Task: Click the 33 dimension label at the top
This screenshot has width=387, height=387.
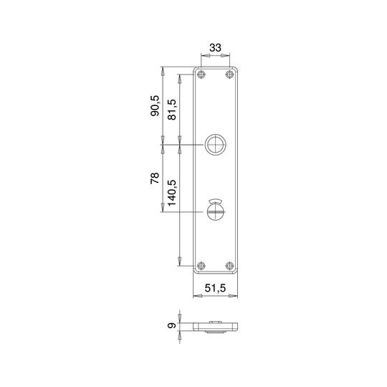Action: pyautogui.click(x=215, y=47)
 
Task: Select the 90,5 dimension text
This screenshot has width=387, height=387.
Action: pyautogui.click(x=156, y=106)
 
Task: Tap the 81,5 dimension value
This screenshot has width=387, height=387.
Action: pyautogui.click(x=172, y=110)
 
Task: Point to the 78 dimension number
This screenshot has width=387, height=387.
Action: pyautogui.click(x=156, y=178)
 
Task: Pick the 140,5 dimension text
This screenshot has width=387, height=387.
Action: pyautogui.click(x=172, y=193)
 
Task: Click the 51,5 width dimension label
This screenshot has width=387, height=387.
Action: pyautogui.click(x=215, y=288)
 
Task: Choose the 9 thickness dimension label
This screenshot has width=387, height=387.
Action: pyautogui.click(x=172, y=325)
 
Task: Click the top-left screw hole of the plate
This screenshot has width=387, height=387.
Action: pyautogui.click(x=201, y=74)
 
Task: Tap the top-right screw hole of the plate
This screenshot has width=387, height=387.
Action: pyautogui.click(x=229, y=74)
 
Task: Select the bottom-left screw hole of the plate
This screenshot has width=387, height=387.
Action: pyautogui.click(x=201, y=266)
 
